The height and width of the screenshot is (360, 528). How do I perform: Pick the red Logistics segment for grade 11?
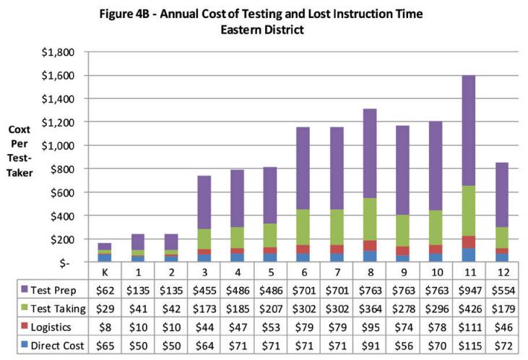click(468, 242)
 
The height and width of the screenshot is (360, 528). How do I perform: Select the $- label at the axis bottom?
click(70, 262)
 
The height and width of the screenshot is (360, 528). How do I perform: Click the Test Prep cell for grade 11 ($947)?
click(468, 290)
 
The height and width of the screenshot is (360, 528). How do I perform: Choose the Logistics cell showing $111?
click(468, 326)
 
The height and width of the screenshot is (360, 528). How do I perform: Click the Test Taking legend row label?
click(51, 308)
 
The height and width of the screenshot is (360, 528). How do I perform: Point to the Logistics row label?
click(46, 326)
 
